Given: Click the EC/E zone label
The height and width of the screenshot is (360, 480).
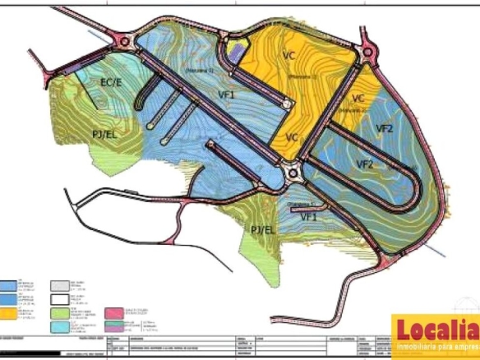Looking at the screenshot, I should coord(111,83).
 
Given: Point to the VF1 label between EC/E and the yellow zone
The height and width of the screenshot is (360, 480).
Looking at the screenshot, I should coord(227,95).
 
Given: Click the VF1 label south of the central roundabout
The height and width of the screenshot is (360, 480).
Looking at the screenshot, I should coord(308,216).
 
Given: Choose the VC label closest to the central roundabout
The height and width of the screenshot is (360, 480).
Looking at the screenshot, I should coord(292,136).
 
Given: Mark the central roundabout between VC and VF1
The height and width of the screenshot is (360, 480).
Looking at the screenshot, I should coord(289,173).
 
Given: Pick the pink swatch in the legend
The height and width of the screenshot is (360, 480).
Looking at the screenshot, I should coord(115,312).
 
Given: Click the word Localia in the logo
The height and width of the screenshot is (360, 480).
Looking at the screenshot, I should coord(436,330).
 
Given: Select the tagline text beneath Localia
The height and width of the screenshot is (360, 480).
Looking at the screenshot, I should coord(436,349).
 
